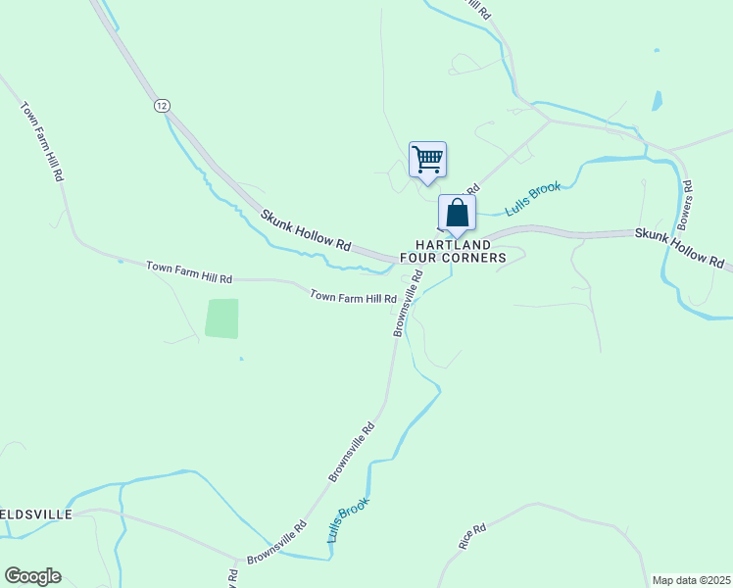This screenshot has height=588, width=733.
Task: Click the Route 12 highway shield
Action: coord(162,105)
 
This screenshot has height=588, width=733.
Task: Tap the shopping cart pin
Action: coord(427,159)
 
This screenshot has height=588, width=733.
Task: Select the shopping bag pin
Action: coord(457,213)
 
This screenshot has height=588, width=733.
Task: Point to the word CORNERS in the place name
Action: coord(472,258)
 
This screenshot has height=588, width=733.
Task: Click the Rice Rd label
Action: coord(471,536)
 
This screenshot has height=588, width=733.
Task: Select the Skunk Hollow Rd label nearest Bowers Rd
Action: coord(678,249)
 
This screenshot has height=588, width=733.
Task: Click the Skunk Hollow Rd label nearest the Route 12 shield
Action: coord(306,230)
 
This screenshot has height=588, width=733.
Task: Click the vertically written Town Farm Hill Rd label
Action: coord(42,140)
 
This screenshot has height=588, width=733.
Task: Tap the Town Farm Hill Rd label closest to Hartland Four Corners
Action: coord(353,295)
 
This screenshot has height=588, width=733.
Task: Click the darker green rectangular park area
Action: coord(222,318)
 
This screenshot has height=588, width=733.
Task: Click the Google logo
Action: coord(32,576)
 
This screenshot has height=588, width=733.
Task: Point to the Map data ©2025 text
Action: coord(691,580)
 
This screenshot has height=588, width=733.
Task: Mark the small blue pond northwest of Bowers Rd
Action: coord(657,100)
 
